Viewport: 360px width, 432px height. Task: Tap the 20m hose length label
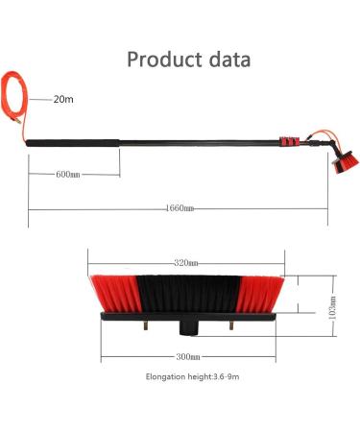point(64,98)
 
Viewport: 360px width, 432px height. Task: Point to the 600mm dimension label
point(69,174)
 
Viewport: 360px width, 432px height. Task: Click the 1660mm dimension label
point(180,207)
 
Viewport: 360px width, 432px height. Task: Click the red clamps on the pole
point(288,144)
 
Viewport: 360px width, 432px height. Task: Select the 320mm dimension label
point(186,262)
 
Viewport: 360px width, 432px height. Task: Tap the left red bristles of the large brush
point(112,293)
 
